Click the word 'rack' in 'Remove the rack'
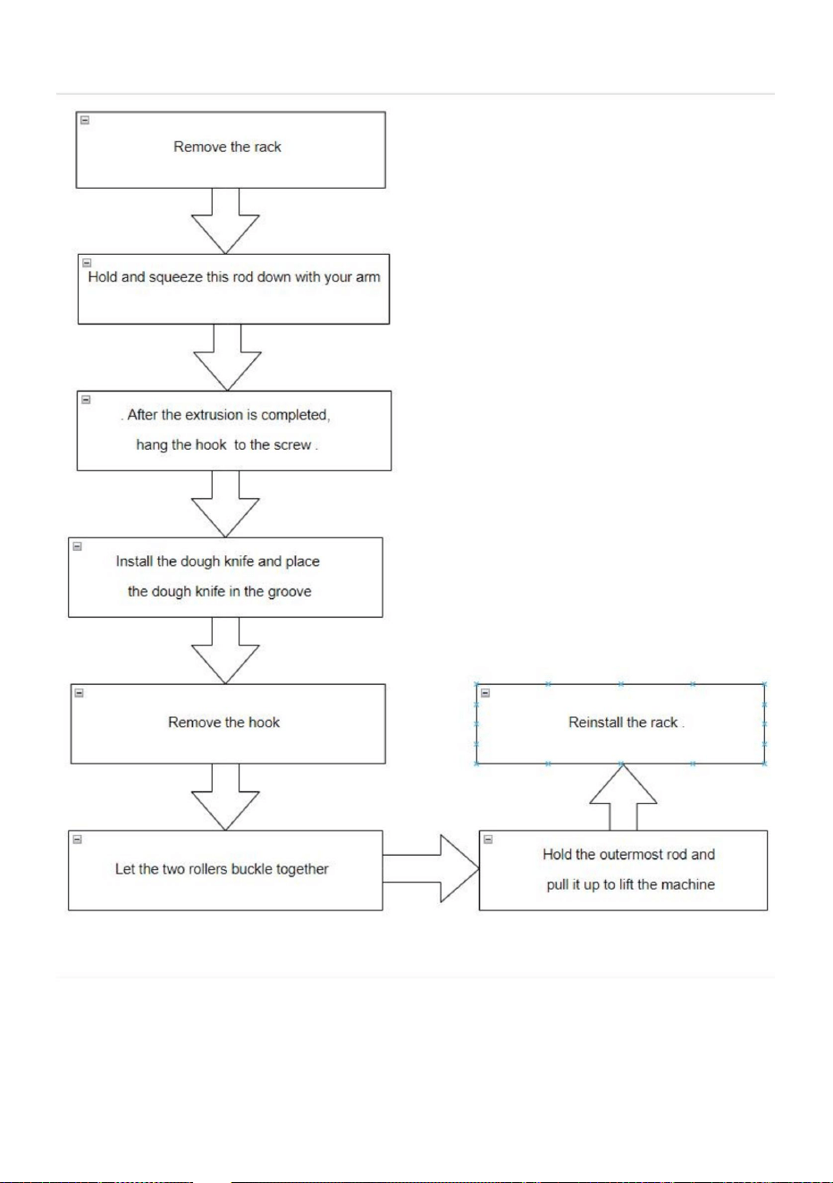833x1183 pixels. (x=267, y=147)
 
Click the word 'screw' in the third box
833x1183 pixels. (x=293, y=445)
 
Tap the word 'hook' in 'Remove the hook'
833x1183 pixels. (x=264, y=722)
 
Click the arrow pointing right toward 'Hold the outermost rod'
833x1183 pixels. (x=431, y=868)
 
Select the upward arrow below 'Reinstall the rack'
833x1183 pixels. (x=623, y=797)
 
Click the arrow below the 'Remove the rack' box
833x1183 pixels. (x=225, y=221)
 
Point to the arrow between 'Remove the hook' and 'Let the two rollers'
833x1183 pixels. (x=225, y=797)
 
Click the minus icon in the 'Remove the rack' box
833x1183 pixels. (x=85, y=121)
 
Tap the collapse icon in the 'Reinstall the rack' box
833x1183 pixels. (x=485, y=693)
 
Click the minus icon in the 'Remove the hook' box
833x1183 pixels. (x=80, y=693)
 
